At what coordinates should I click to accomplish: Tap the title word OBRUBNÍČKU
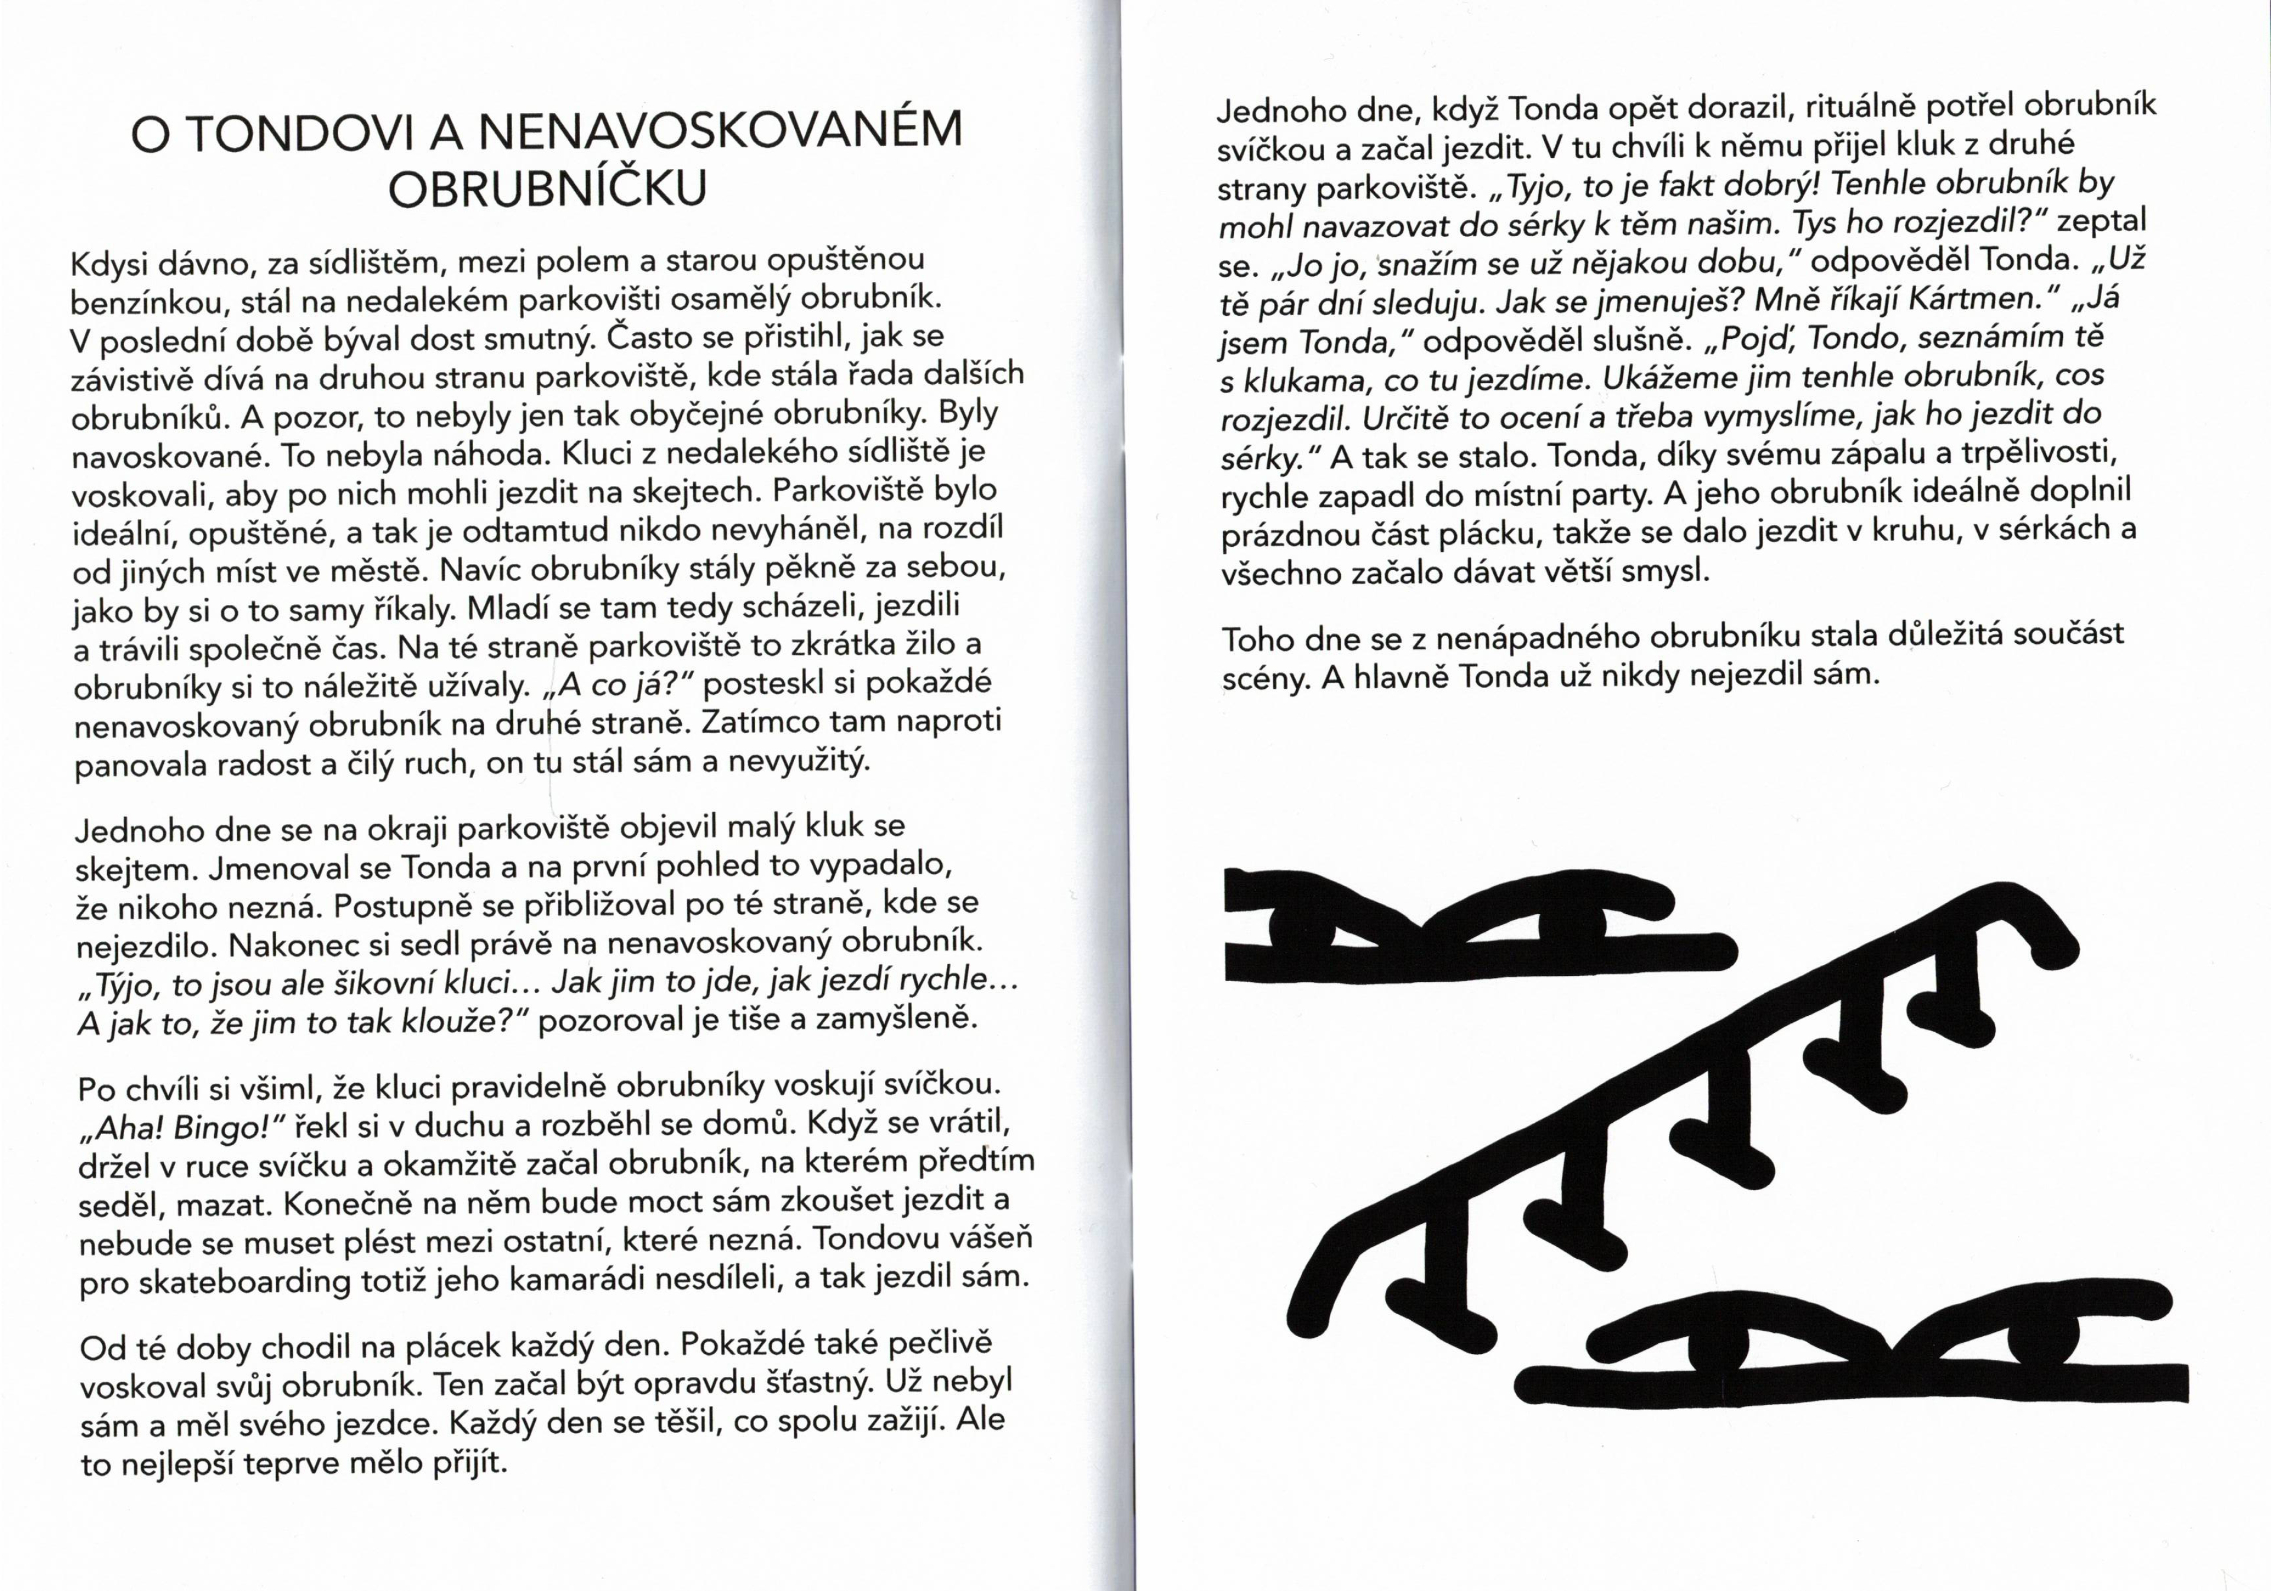coord(547,189)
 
